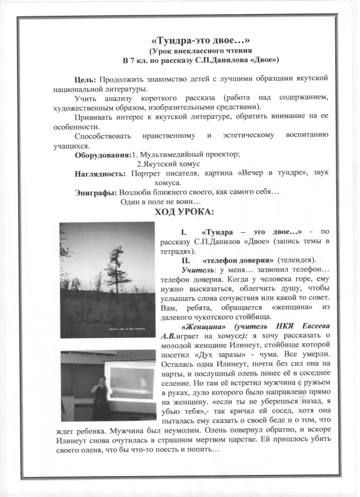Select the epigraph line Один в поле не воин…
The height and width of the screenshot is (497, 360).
click(x=161, y=202)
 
